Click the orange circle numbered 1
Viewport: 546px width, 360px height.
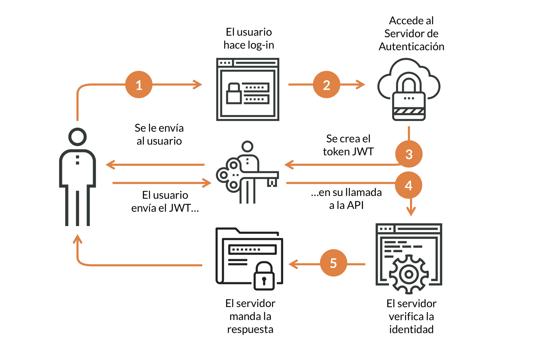pyautogui.click(x=139, y=84)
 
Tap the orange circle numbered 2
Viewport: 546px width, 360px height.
pyautogui.click(x=326, y=84)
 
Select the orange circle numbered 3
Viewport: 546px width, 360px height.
pyautogui.click(x=409, y=154)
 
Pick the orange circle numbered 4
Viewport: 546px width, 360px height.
pyautogui.click(x=408, y=185)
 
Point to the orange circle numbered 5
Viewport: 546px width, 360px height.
pyautogui.click(x=333, y=263)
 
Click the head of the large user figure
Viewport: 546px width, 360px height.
pyautogui.click(x=77, y=137)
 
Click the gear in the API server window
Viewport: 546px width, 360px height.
pyautogui.click(x=409, y=274)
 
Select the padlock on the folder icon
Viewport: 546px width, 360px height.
pyautogui.click(x=264, y=277)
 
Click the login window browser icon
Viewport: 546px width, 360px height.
pyautogui.click(x=247, y=89)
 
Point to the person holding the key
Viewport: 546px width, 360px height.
pyautogui.click(x=247, y=172)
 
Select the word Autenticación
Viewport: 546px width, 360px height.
pyautogui.click(x=411, y=47)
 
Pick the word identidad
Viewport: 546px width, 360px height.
pyautogui.click(x=411, y=330)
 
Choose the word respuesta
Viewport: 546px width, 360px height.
pyautogui.click(x=250, y=330)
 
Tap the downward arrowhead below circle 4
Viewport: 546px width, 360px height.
pyautogui.click(x=411, y=212)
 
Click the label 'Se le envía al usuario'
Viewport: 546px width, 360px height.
pyautogui.click(x=159, y=134)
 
